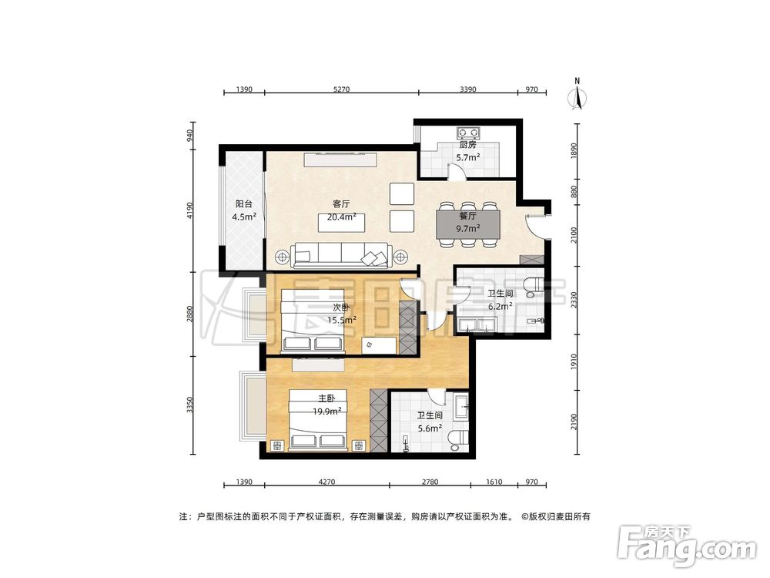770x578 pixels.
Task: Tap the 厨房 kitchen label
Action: tap(467, 144)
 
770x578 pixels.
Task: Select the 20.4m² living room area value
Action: tap(341, 217)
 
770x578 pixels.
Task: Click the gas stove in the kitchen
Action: tap(467, 131)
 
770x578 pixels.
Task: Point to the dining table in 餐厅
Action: tap(468, 223)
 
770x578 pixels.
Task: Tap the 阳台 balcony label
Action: tap(244, 204)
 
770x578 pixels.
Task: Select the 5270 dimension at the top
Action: tap(341, 89)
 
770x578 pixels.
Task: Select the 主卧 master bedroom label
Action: tap(327, 398)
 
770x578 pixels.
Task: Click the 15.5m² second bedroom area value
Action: tap(341, 320)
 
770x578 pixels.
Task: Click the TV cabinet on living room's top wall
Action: tap(340, 160)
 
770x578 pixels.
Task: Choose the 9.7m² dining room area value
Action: tap(468, 228)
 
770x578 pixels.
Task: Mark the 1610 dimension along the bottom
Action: tap(494, 482)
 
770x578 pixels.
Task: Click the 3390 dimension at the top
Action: tap(468, 89)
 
